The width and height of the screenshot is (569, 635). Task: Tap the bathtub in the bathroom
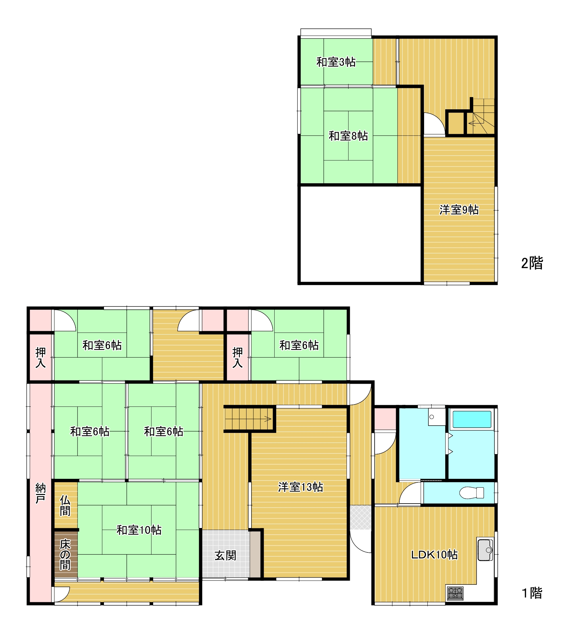point(472,419)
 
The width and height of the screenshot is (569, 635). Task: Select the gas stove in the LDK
point(455,593)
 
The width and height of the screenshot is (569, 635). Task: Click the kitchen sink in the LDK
point(485,550)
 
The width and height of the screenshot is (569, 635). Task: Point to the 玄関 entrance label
point(225,555)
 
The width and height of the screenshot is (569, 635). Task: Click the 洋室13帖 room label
point(300,487)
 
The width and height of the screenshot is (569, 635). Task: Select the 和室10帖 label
point(139,530)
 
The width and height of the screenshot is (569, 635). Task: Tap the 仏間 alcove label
point(65,506)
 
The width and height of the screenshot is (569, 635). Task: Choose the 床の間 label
point(65,554)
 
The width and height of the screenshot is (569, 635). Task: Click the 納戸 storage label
point(40,493)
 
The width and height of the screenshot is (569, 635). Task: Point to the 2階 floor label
point(532,263)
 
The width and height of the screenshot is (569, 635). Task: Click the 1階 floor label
point(532,593)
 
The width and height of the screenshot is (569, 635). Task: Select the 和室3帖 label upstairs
point(336,62)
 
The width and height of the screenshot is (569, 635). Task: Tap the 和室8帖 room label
point(348,136)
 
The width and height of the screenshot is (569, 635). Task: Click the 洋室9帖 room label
point(459,210)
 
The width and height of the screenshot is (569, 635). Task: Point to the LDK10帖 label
point(434,555)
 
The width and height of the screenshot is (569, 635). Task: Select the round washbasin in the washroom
point(431,417)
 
